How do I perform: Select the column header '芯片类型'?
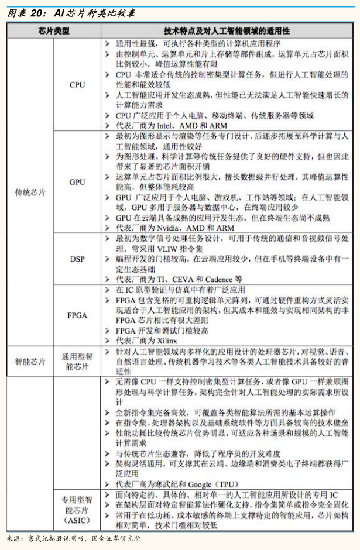click(x=54, y=30)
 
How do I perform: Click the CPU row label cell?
click(x=77, y=84)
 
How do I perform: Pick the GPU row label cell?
click(x=77, y=182)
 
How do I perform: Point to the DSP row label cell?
click(x=77, y=259)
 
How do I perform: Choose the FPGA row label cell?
click(x=77, y=315)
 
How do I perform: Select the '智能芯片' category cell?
click(x=30, y=361)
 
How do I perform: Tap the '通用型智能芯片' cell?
click(x=77, y=361)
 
